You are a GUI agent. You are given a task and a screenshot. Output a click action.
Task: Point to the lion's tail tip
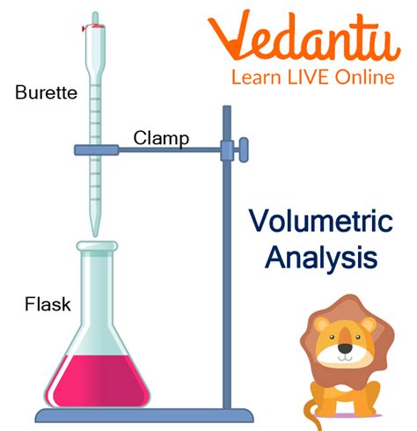tap(310, 422)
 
